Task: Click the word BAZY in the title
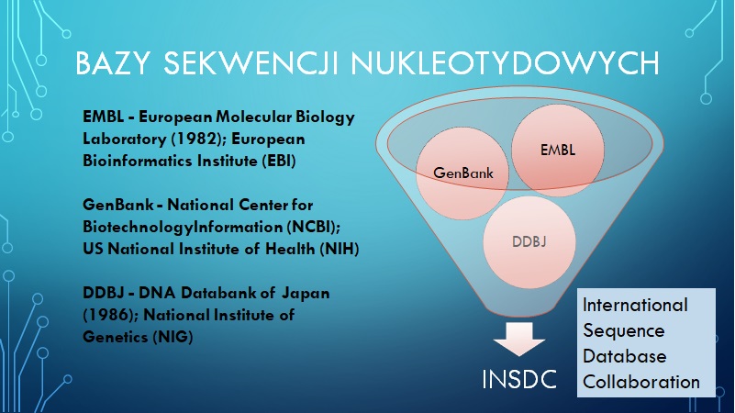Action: click(x=113, y=62)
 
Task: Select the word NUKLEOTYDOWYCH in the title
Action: click(x=506, y=62)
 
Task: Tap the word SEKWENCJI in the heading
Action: click(x=251, y=62)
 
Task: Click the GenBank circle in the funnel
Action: click(x=462, y=173)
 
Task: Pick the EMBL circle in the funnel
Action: click(x=558, y=150)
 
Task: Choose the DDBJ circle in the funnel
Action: click(x=529, y=242)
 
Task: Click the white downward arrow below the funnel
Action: click(x=519, y=339)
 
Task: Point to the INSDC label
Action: click(x=519, y=379)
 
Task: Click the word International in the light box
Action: click(x=635, y=306)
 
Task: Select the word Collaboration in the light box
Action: click(x=641, y=382)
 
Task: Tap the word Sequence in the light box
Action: click(x=624, y=331)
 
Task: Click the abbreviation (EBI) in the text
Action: click(x=279, y=161)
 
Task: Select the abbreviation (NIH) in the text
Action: click(x=339, y=249)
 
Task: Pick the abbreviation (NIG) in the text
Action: click(x=173, y=337)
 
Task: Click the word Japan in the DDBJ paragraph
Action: click(x=306, y=294)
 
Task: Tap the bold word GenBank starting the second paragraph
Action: click(x=118, y=205)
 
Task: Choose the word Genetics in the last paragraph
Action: click(x=116, y=337)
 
